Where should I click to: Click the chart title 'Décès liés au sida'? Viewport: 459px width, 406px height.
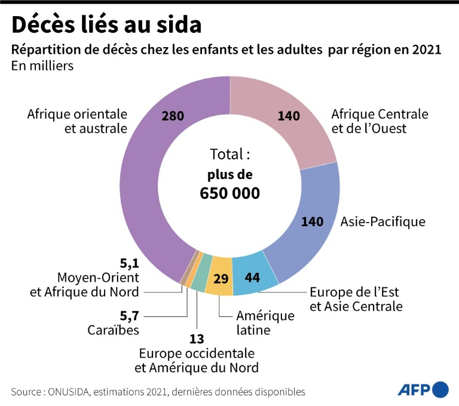(x=106, y=24)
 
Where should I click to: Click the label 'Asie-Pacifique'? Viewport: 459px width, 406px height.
(x=382, y=222)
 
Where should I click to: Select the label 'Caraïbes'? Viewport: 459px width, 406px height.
(x=114, y=330)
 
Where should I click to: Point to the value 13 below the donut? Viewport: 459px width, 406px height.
(x=197, y=339)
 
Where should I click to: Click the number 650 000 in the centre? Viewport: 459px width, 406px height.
(x=230, y=193)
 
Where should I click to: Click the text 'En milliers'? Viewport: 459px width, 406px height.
(x=42, y=66)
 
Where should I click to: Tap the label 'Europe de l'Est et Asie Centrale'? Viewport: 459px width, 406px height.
(x=356, y=299)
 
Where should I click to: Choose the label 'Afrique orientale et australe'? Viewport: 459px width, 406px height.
(x=77, y=121)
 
